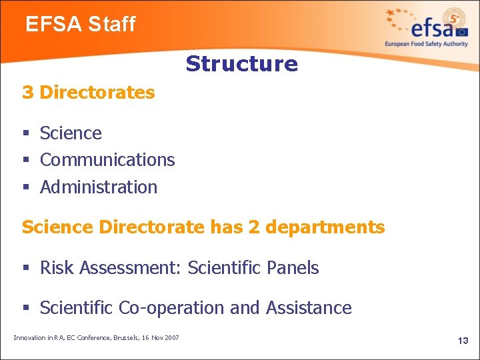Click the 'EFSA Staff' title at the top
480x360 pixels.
coord(80,25)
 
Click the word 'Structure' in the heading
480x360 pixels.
coord(241,64)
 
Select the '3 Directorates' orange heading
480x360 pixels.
coord(88,92)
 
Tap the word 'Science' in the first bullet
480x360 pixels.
coord(71,133)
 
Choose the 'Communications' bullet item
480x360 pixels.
coord(107,160)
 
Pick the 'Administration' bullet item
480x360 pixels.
coord(99,187)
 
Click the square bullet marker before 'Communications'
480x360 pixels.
coord(26,161)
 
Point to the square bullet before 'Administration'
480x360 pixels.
coord(26,188)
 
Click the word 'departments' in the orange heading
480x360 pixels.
coord(325,227)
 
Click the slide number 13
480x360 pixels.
coord(463,341)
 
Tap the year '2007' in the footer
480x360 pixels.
coord(170,338)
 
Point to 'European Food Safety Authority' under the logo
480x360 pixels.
coord(427,44)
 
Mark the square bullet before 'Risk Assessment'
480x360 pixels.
coord(26,269)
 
